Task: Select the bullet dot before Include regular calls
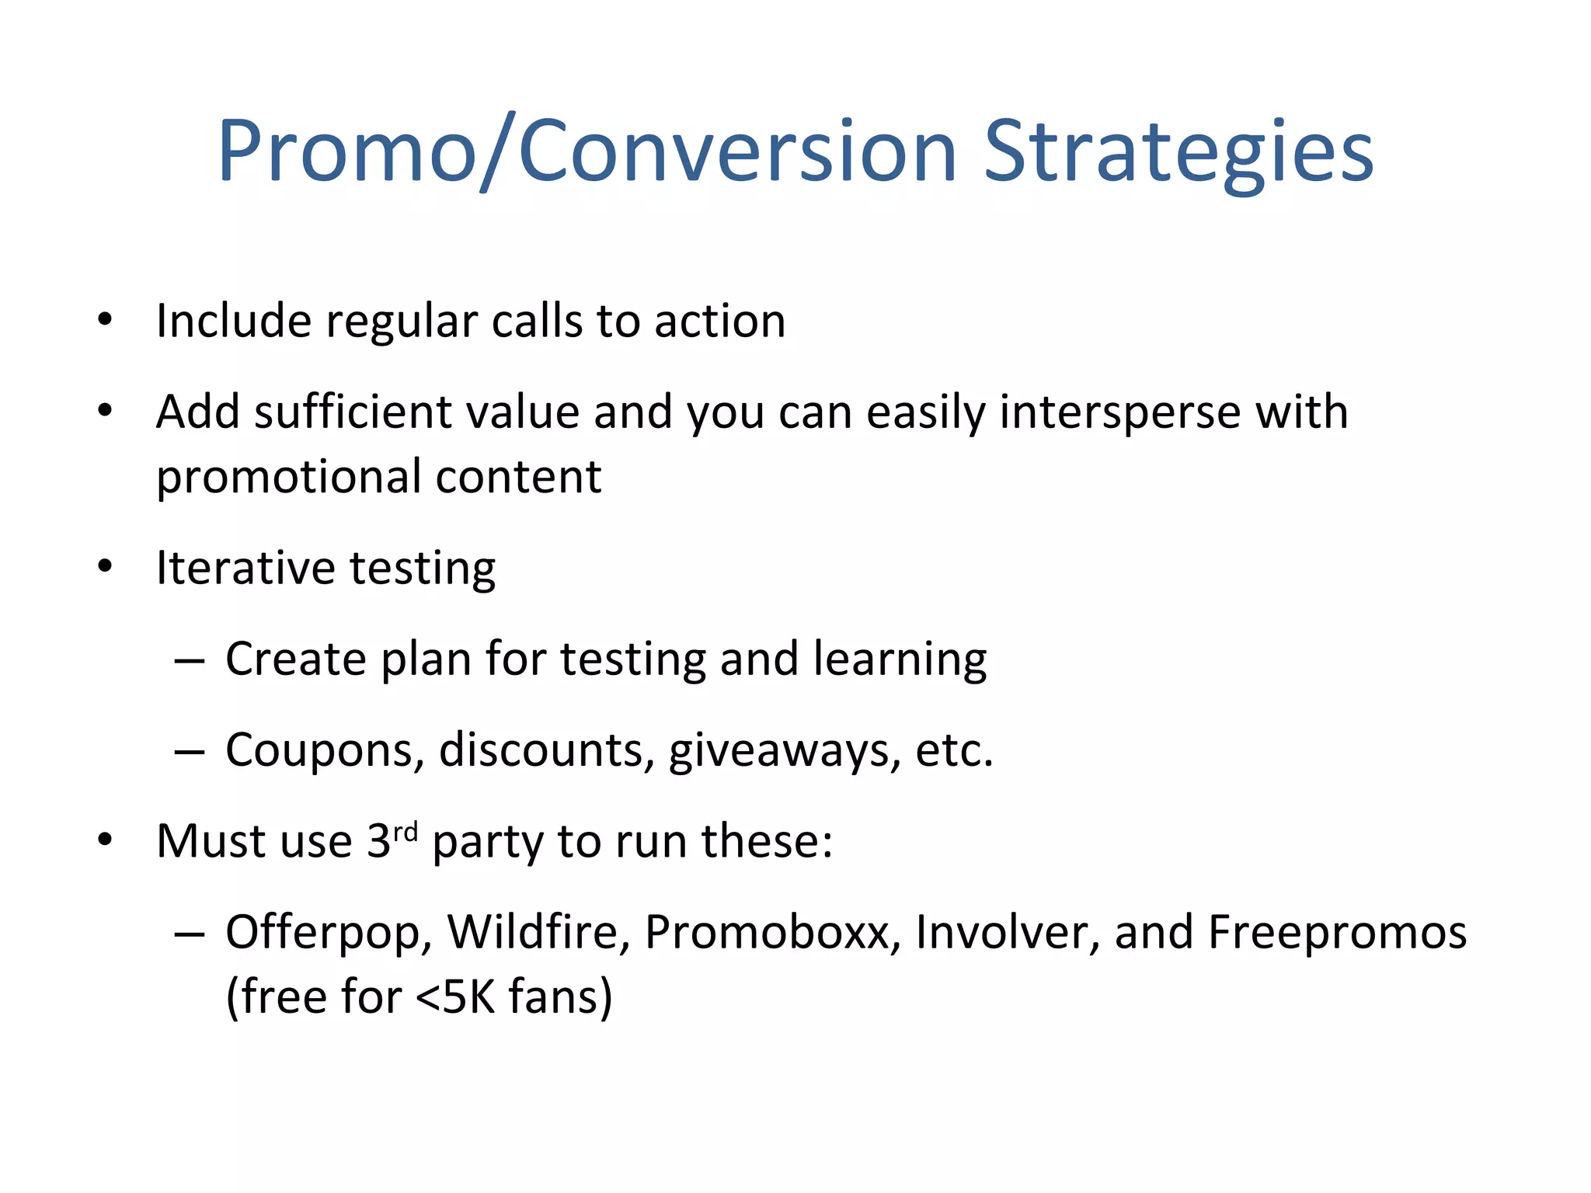coord(105,319)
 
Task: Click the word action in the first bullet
coord(719,322)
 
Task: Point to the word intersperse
coord(1119,412)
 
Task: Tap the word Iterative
coord(245,568)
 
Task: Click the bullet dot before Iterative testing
coord(105,566)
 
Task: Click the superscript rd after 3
coord(405,832)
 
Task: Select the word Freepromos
coord(1336,933)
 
